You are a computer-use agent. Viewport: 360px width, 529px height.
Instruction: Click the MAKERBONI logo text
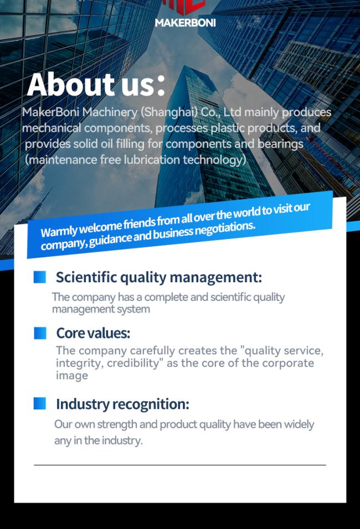[185, 23]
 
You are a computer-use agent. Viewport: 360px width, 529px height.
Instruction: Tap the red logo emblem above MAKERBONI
[184, 7]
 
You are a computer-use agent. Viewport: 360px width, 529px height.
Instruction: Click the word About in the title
[71, 84]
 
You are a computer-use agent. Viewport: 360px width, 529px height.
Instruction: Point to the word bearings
[280, 144]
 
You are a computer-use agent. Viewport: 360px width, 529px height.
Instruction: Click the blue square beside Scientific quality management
[39, 277]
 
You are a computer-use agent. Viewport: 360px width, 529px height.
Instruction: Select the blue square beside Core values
[40, 333]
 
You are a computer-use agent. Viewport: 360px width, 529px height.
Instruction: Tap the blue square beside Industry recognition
[39, 403]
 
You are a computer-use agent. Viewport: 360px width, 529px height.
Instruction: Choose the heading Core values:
[93, 333]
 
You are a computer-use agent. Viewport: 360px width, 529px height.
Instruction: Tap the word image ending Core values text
[72, 376]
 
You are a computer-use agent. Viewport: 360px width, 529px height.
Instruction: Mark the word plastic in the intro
[228, 128]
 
